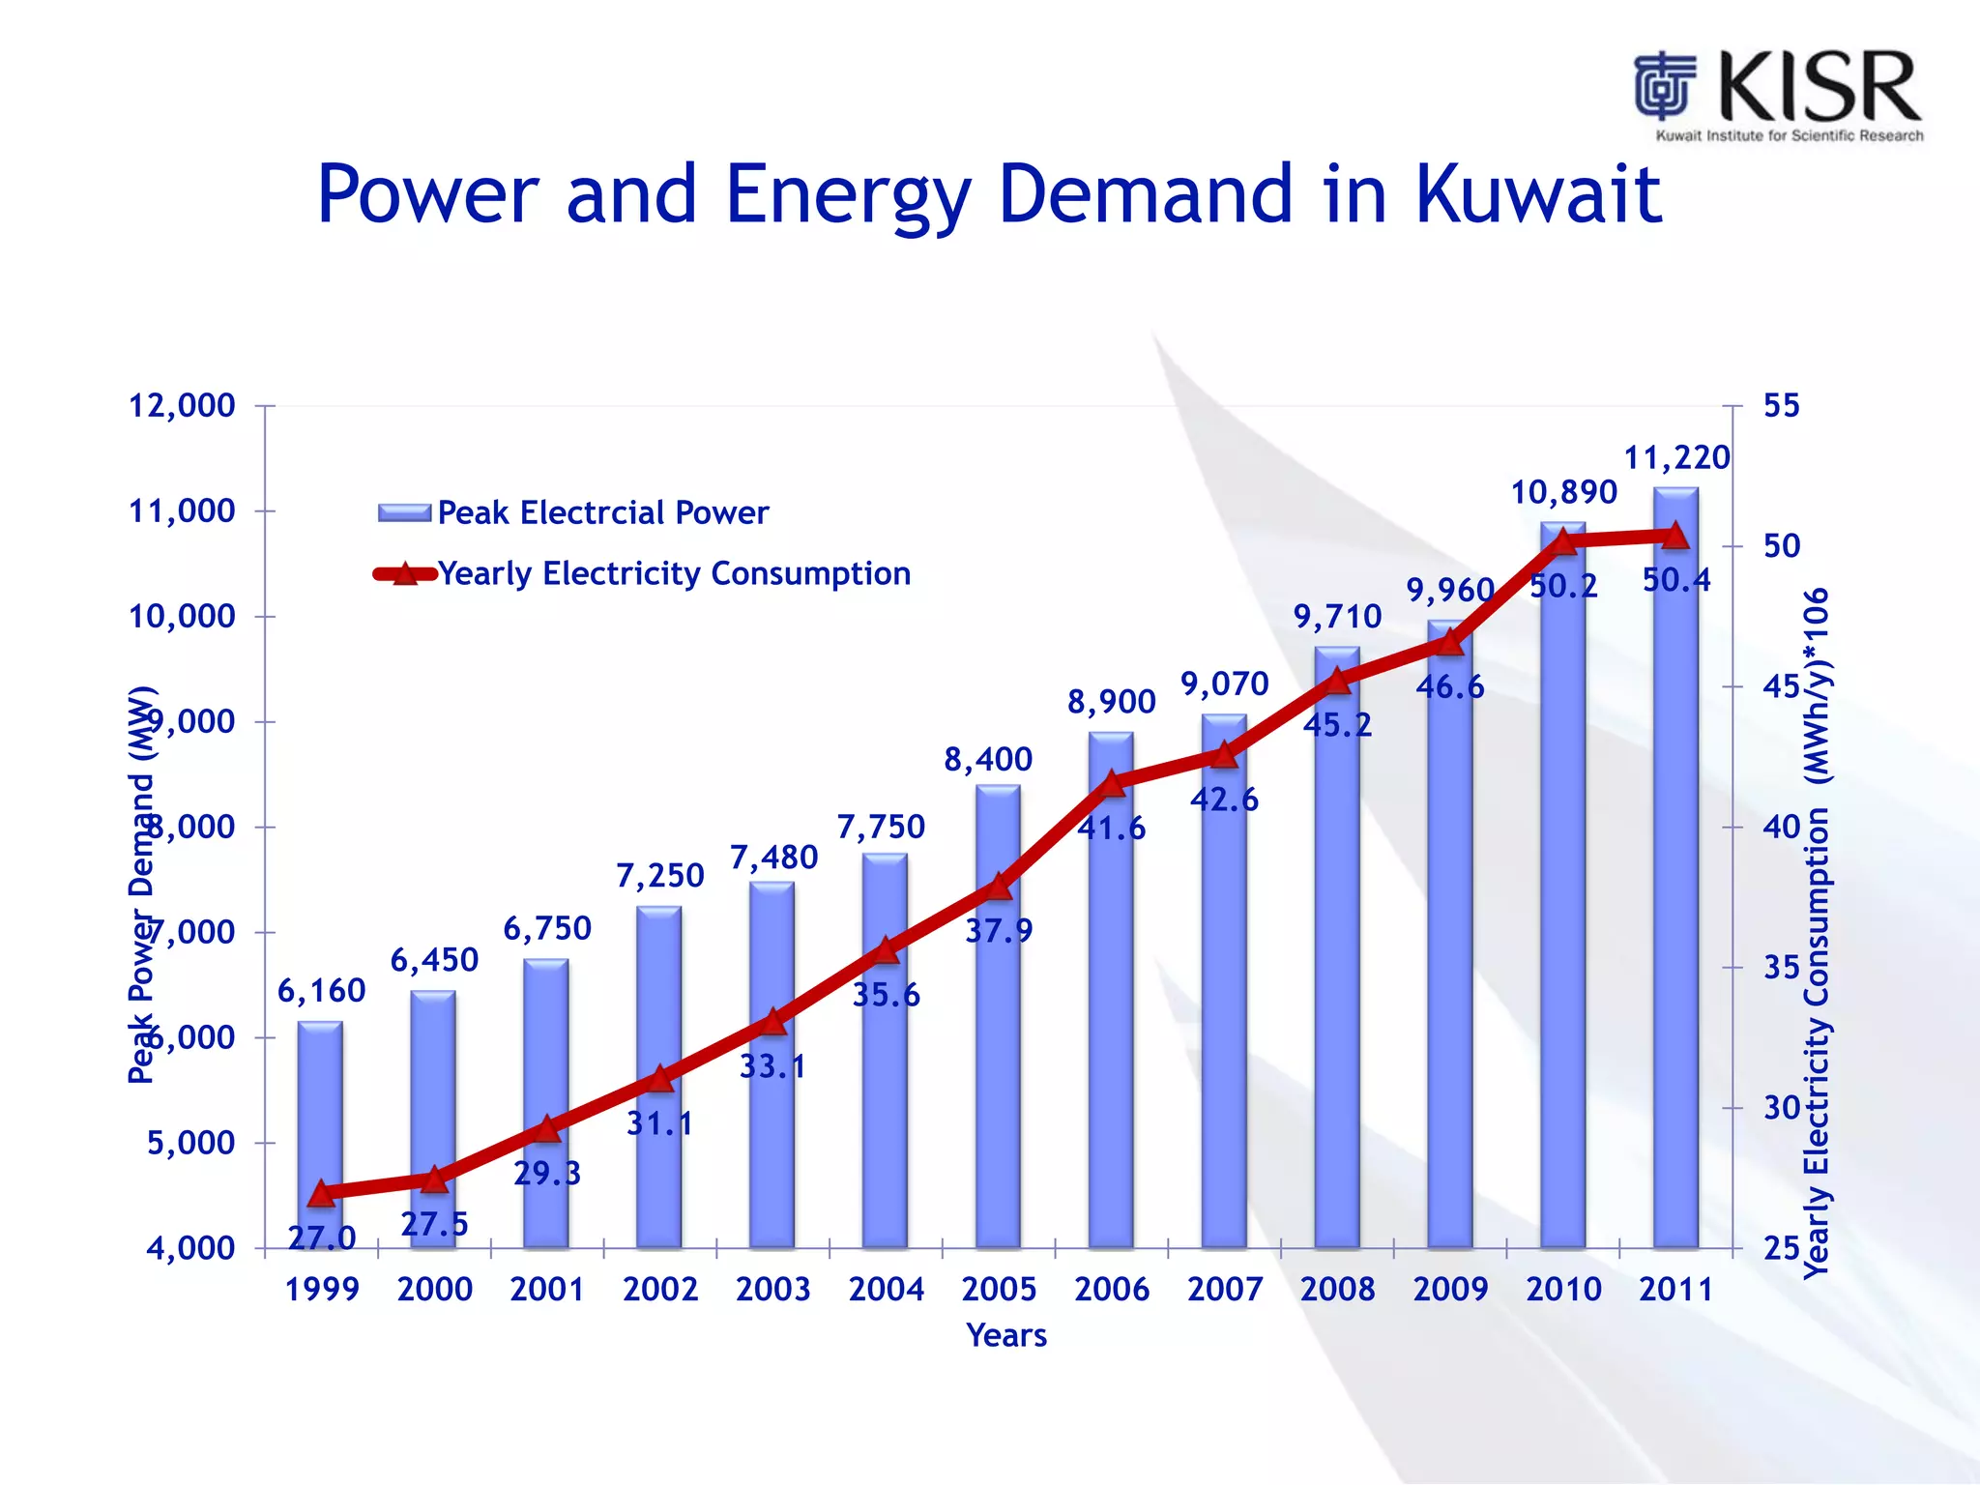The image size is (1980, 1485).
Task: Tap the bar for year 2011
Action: pyautogui.click(x=1675, y=870)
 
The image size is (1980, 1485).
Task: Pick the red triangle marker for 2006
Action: pyautogui.click(x=1112, y=783)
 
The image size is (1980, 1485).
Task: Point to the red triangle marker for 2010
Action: pyautogui.click(x=1563, y=541)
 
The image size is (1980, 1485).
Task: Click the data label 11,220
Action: pyautogui.click(x=1676, y=457)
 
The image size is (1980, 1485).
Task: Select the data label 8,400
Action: pyautogui.click(x=988, y=760)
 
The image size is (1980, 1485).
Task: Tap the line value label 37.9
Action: pyautogui.click(x=999, y=931)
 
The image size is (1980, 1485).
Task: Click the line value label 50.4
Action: pyautogui.click(x=1676, y=580)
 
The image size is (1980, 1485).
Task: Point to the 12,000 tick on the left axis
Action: pyautogui.click(x=183, y=406)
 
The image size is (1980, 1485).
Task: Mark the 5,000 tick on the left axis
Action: pyautogui.click(x=191, y=1143)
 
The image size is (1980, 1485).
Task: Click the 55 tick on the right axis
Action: pyautogui.click(x=1781, y=406)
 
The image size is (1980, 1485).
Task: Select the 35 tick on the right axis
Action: pyautogui.click(x=1781, y=968)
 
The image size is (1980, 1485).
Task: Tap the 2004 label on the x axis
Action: pyautogui.click(x=886, y=1289)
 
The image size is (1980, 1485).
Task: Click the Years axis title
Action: pyautogui.click(x=1006, y=1335)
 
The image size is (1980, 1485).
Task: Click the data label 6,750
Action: pyautogui.click(x=547, y=929)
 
